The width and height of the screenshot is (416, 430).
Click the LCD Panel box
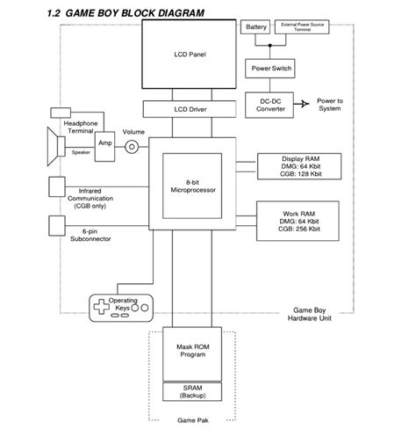[x=190, y=55]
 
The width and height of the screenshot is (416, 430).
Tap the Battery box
[x=256, y=28]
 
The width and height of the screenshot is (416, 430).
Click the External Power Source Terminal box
[x=303, y=28]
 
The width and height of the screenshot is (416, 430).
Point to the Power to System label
[x=329, y=104]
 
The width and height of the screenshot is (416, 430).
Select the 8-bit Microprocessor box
[x=190, y=187]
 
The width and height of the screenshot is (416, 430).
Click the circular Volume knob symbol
[x=133, y=147]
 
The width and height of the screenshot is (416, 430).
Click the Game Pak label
[x=190, y=419]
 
